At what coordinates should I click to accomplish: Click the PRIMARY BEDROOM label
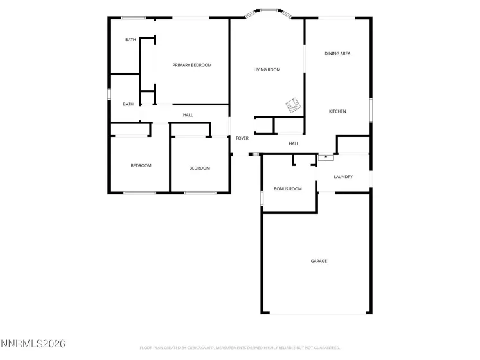pyautogui.click(x=191, y=65)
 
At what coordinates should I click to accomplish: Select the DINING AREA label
pyautogui.click(x=337, y=53)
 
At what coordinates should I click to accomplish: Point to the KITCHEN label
pyautogui.click(x=337, y=111)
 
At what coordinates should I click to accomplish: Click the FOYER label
pyautogui.click(x=242, y=138)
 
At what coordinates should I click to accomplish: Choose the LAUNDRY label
pyautogui.click(x=343, y=176)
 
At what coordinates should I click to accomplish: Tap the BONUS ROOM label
pyautogui.click(x=287, y=189)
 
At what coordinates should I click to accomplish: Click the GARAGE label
pyautogui.click(x=319, y=261)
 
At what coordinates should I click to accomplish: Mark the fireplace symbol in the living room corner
pyautogui.click(x=294, y=105)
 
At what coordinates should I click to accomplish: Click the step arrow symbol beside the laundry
pyautogui.click(x=326, y=156)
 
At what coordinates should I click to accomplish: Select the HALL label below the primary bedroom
pyautogui.click(x=188, y=115)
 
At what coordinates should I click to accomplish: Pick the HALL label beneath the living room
pyautogui.click(x=294, y=144)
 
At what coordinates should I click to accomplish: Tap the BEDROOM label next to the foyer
pyautogui.click(x=199, y=168)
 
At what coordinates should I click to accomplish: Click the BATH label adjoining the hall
pyautogui.click(x=129, y=104)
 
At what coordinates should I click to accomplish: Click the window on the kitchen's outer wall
pyautogui.click(x=370, y=109)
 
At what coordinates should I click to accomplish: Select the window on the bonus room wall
pyautogui.click(x=262, y=197)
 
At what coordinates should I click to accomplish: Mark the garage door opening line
pyautogui.click(x=316, y=314)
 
